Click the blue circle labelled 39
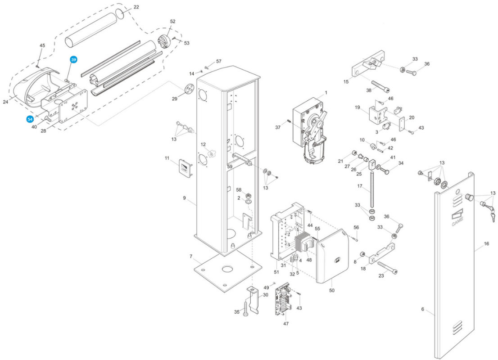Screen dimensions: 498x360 74,60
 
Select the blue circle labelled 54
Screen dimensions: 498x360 30,119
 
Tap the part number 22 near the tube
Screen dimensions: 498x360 136,7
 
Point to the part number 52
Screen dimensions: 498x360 172,21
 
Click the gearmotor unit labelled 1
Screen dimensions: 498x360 310,130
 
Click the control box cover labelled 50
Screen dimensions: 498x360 332,256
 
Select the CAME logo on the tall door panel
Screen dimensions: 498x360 457,217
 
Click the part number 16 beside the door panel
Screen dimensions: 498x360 486,244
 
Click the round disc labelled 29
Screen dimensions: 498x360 189,89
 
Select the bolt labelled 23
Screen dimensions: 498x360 388,268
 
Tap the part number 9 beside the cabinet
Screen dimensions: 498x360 184,198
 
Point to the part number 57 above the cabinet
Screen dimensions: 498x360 218,61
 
